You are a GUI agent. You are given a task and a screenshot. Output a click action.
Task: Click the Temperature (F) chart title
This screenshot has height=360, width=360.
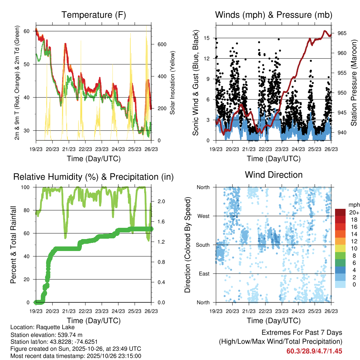pos(93,15)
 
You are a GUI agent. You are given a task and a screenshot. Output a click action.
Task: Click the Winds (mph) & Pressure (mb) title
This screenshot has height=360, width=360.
pos(274,15)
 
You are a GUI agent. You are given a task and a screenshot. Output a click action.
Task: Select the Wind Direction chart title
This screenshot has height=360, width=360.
pos(274,174)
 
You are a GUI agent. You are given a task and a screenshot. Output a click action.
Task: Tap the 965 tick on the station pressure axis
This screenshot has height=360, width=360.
pos(342,33)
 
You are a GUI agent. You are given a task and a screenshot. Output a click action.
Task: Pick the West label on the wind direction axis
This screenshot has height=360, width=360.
pos(203,216)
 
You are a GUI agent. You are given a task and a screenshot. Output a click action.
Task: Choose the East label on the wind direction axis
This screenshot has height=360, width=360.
pos(204,274)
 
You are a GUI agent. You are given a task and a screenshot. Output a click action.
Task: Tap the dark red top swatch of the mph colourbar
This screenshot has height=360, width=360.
pos(340,212)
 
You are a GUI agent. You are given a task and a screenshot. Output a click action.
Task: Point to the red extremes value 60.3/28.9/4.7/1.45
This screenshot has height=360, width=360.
pos(314,351)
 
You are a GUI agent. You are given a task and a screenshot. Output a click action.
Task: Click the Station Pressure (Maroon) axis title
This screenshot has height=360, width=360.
pos(354,83)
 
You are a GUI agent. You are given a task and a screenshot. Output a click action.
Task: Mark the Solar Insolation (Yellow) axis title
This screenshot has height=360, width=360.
pos(173,83)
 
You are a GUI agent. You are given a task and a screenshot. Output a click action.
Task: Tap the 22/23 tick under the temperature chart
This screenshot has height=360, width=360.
pos(85,149)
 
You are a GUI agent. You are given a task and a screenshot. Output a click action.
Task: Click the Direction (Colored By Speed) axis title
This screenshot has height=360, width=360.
pos(187,245)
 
